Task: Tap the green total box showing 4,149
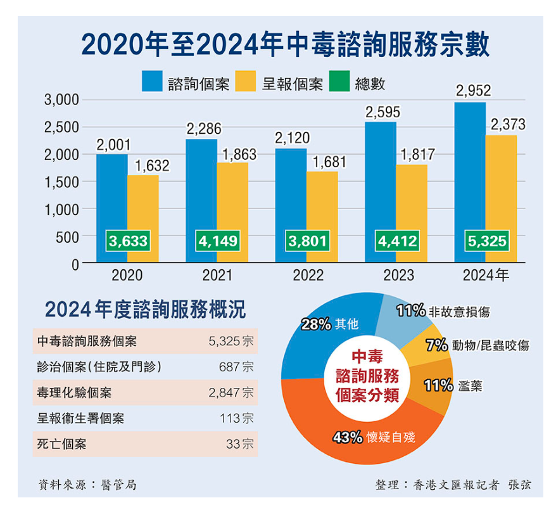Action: pos(217,241)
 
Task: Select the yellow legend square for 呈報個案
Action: pos(245,83)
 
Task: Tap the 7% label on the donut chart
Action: pos(437,345)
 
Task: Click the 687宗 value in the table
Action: pos(240,367)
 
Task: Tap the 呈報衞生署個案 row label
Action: pos(80,418)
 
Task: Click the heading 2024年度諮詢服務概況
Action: pos(145,310)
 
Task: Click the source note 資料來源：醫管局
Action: pos(87,485)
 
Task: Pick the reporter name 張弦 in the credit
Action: pos(519,485)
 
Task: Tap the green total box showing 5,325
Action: pos(486,241)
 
